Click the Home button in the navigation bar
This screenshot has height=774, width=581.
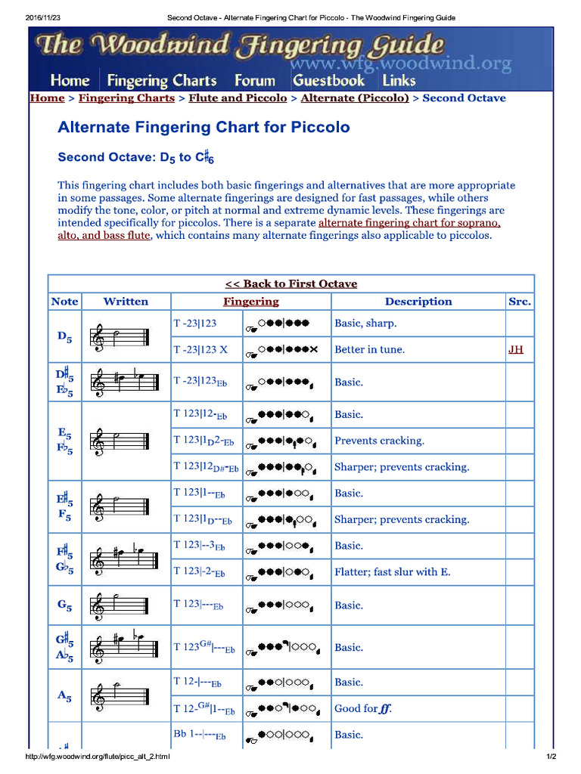[x=70, y=80]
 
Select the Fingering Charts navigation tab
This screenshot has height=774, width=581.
[x=162, y=80]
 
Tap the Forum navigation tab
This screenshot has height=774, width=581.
[x=254, y=80]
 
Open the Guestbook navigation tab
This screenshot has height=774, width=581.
[x=328, y=80]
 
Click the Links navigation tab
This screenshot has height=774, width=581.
[x=399, y=80]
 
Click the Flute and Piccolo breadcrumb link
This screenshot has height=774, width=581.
[x=238, y=98]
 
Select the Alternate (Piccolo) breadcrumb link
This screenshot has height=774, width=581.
[x=355, y=98]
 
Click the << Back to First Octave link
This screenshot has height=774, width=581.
[x=291, y=284]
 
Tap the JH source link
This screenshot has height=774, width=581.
[x=515, y=349]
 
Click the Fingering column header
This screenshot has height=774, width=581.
[x=250, y=302]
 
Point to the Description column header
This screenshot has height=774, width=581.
[x=418, y=302]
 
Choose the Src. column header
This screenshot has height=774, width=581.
[x=520, y=302]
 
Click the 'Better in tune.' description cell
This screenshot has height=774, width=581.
[x=369, y=349]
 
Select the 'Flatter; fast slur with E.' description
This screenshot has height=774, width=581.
[x=392, y=572]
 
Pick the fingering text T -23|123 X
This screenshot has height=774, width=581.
[x=200, y=349]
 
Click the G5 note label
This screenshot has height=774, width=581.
[x=64, y=605]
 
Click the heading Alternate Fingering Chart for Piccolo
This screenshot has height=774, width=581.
[x=204, y=127]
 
